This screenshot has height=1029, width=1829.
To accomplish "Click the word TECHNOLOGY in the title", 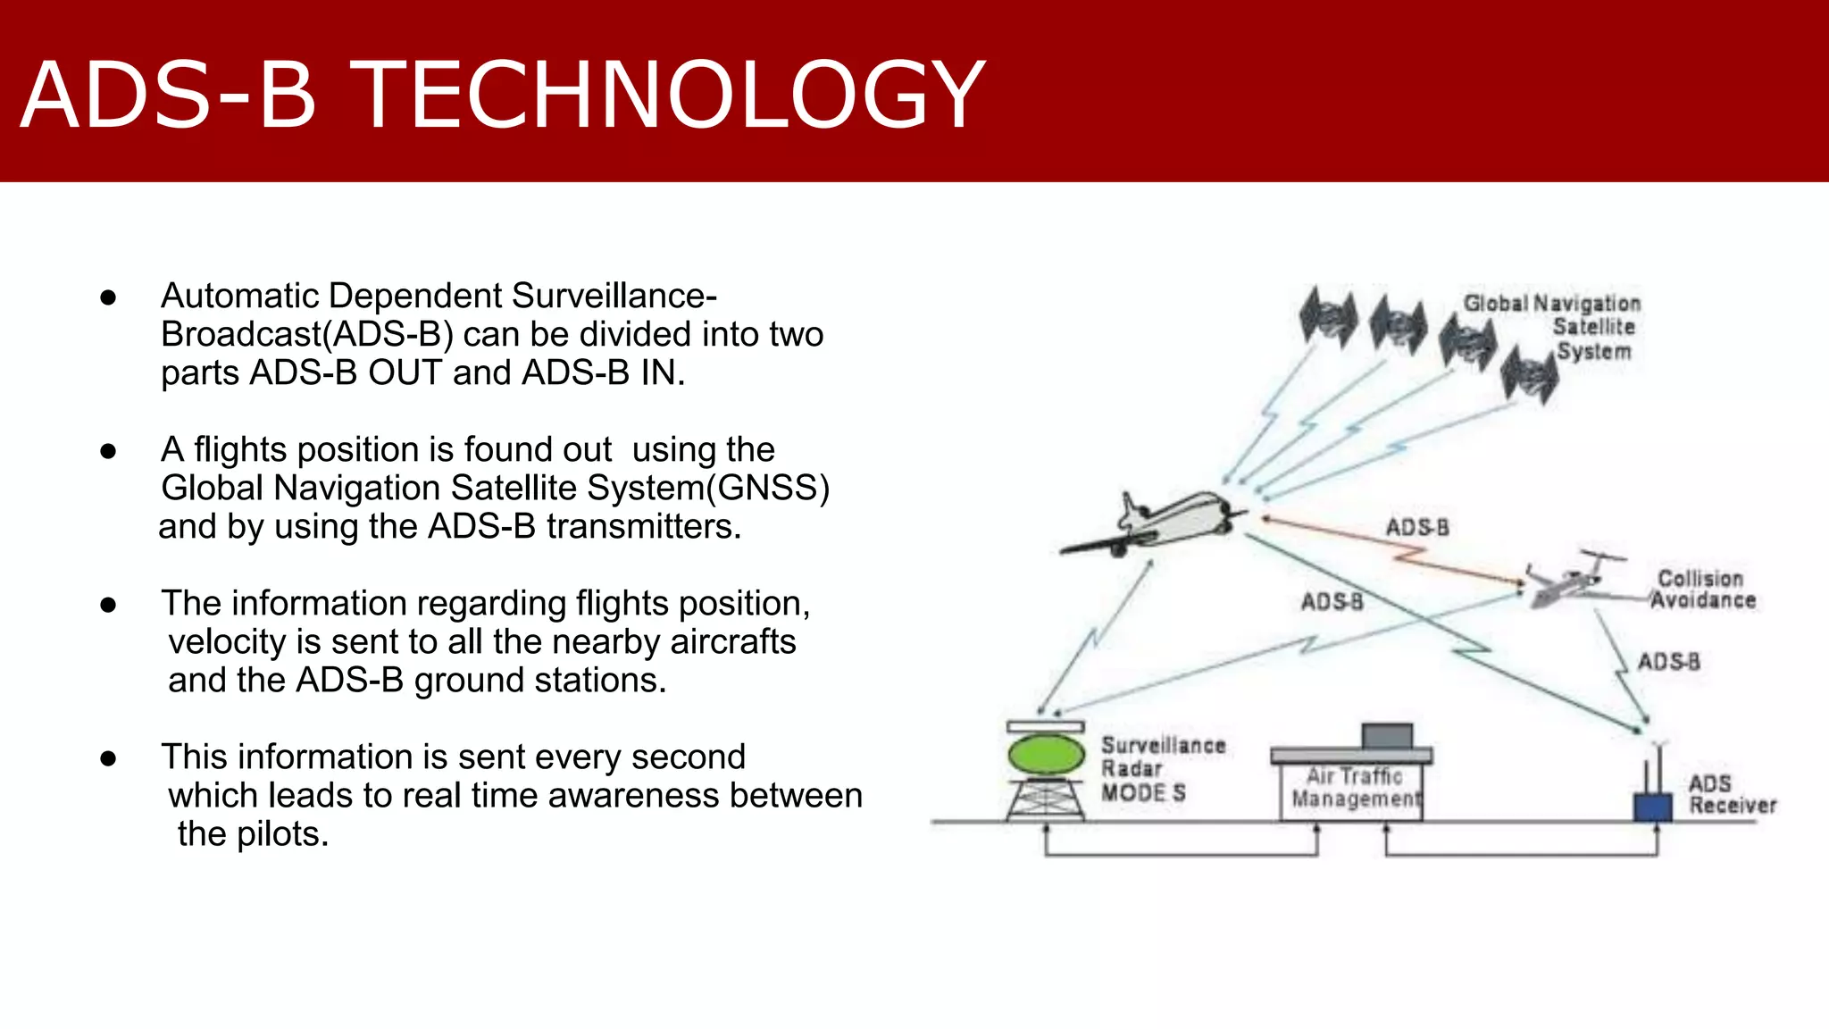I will [x=670, y=95].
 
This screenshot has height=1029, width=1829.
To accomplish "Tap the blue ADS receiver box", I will [x=1652, y=806].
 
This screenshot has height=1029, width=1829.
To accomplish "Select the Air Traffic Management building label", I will [x=1355, y=788].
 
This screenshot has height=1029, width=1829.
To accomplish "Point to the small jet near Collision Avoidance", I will [x=1572, y=581].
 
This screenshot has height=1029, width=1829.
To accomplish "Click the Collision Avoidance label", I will [x=1702, y=590].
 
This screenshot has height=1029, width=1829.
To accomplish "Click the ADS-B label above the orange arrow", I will [x=1417, y=527].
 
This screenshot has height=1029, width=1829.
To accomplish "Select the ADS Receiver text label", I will [x=1730, y=794].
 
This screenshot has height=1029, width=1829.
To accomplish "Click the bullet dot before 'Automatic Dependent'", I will [x=109, y=297].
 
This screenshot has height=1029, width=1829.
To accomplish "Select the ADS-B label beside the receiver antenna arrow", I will [x=1668, y=662].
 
